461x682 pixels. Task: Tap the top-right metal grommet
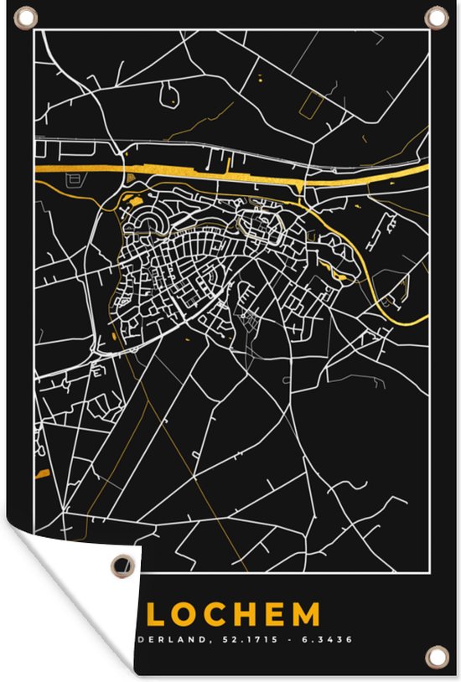point(436,17)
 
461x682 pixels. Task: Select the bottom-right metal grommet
point(434,654)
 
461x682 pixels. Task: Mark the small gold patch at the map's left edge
point(42,474)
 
